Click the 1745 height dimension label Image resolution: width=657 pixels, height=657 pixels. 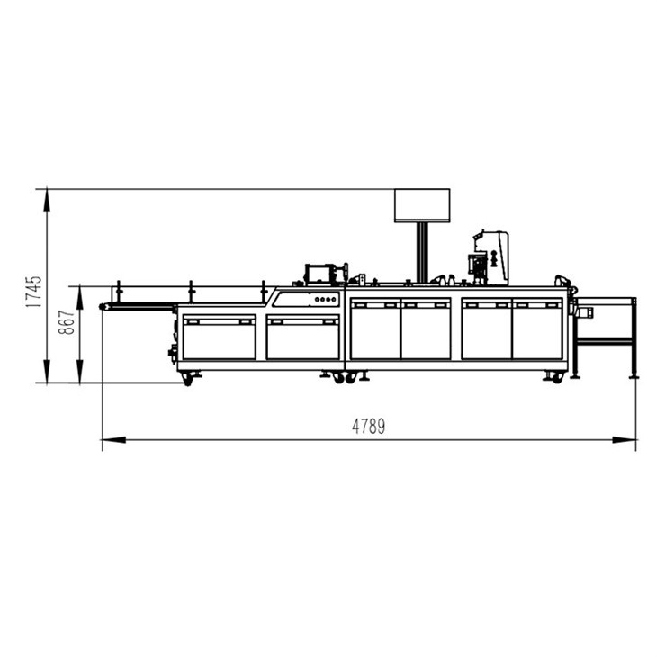(33, 292)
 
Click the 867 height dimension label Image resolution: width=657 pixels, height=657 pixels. (67, 322)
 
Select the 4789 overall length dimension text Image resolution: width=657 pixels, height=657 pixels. (368, 427)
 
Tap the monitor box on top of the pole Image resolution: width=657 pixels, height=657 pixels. (421, 205)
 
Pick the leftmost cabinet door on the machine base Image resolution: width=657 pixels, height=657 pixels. (219, 336)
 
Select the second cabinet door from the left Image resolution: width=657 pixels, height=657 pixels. (302, 336)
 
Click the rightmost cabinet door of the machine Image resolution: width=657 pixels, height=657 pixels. (537, 329)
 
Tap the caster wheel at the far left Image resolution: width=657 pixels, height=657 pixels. (187, 379)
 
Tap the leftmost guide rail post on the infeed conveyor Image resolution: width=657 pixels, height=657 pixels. (118, 292)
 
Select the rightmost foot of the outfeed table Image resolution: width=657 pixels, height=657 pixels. (634, 374)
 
